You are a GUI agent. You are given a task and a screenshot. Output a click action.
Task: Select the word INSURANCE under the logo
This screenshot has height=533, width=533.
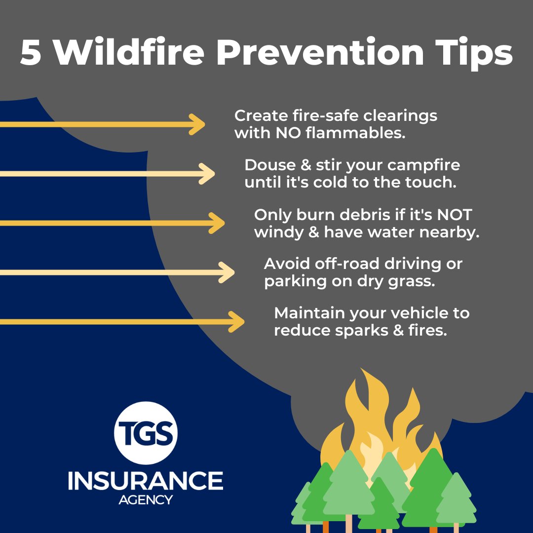click(146, 481)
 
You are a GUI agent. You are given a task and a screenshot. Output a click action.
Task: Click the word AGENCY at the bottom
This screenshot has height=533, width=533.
click(146, 500)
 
